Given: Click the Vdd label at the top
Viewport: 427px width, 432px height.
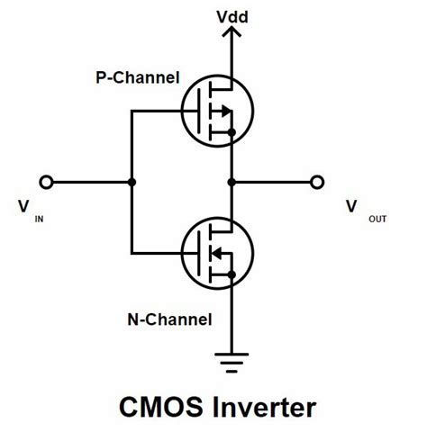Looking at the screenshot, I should pyautogui.click(x=233, y=15).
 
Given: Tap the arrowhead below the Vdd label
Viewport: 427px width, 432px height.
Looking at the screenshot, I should pyautogui.click(x=233, y=33).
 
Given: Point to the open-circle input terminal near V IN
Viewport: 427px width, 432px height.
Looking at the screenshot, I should pyautogui.click(x=48, y=182).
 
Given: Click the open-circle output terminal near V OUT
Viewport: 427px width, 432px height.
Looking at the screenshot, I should pyautogui.click(x=317, y=182).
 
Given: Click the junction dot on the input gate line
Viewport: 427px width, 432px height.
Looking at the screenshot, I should pyautogui.click(x=132, y=182).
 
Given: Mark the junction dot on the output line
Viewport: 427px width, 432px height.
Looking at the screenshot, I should pyautogui.click(x=233, y=182).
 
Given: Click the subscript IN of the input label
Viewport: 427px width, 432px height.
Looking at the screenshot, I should pyautogui.click(x=39, y=216).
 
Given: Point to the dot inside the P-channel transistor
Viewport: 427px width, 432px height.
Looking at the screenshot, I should pyautogui.click(x=233, y=133).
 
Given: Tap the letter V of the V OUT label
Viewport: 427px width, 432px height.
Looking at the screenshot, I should pyautogui.click(x=350, y=206).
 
